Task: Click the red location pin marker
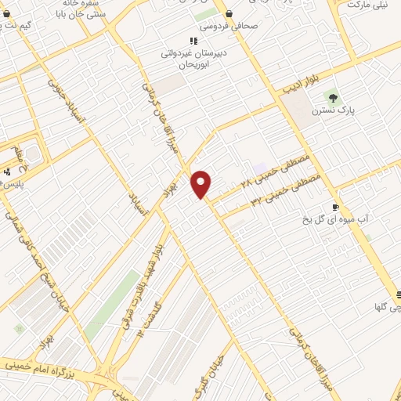[x=201, y=183]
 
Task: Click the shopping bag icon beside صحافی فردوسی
[x=228, y=13]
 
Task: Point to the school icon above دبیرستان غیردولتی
[x=193, y=42]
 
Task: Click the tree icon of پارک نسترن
[x=334, y=98]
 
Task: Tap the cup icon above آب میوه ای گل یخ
[x=336, y=208]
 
